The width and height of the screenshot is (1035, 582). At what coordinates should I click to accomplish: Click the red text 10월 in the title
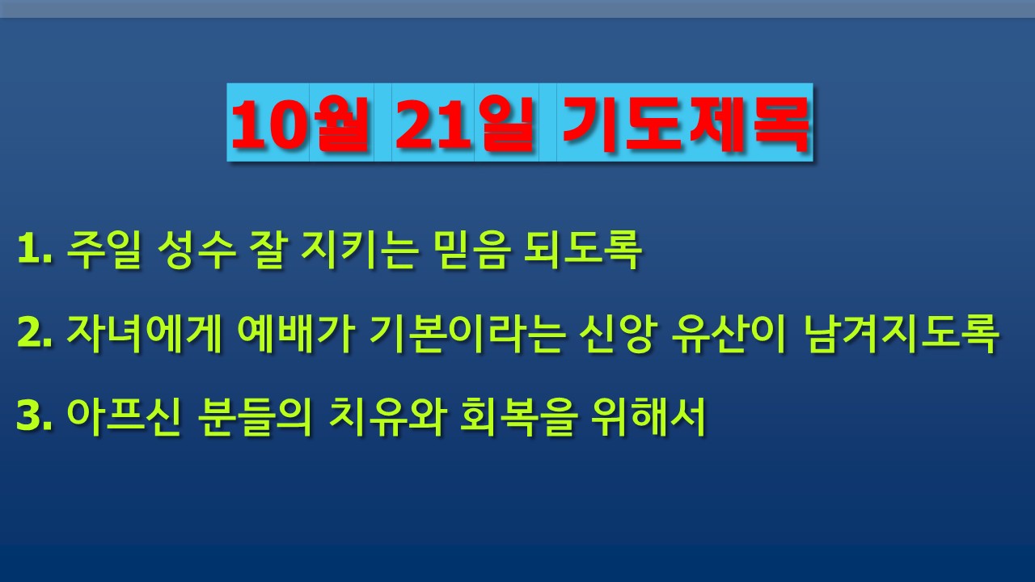point(300,124)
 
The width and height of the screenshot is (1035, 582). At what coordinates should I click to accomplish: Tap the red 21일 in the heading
point(464,124)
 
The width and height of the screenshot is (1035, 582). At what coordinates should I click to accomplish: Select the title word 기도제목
point(686,124)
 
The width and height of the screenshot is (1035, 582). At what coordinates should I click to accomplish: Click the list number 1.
point(34,250)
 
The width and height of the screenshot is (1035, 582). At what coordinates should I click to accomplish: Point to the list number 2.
point(34,334)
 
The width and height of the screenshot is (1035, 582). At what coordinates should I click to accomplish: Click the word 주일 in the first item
point(103,250)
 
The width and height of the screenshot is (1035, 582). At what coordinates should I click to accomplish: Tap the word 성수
point(196,250)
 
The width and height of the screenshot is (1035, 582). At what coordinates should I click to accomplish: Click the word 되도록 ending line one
point(583,250)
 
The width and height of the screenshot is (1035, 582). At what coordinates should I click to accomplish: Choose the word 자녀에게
point(144,334)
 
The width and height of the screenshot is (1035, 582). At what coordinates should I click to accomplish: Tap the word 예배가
point(296,334)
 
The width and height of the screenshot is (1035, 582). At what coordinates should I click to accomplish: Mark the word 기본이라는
point(467,334)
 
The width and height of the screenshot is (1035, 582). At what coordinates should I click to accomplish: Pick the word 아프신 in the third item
point(123,416)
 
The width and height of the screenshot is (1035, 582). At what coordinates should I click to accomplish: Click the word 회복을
point(518,416)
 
